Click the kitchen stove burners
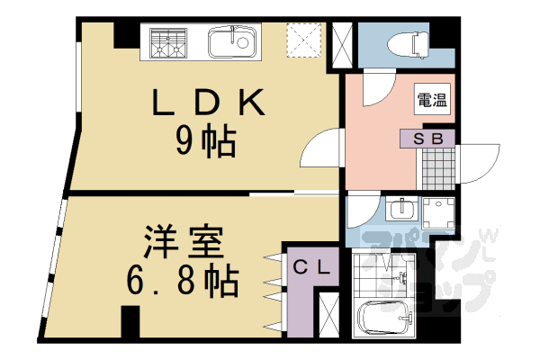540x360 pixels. coord(169,42)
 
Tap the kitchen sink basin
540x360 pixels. coord(232,42)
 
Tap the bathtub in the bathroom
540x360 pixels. coord(386,318)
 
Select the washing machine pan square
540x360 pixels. coord(439,214)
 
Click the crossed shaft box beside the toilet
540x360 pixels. coord(343,42)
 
